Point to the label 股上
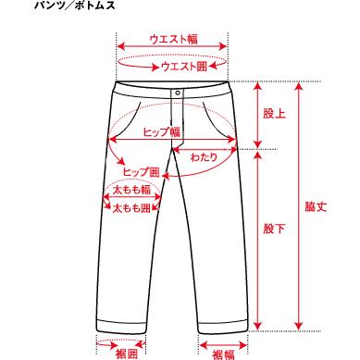[273, 114]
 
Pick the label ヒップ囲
[143, 172]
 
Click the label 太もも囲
[131, 209]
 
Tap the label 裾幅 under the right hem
[223, 354]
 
